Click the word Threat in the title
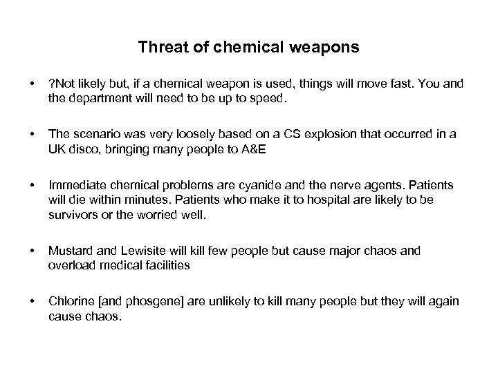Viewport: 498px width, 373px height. point(159,48)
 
